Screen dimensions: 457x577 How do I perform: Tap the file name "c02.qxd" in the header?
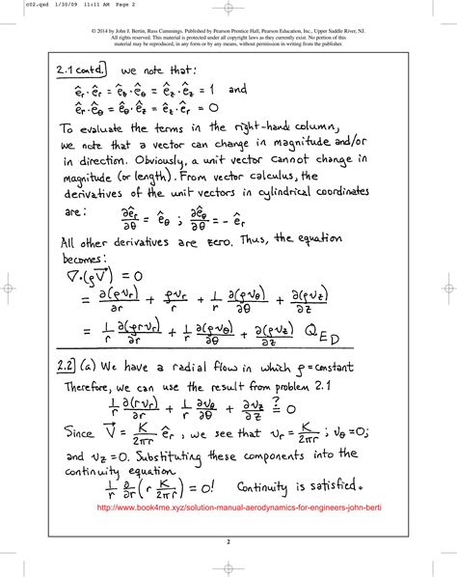[x=19, y=7]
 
